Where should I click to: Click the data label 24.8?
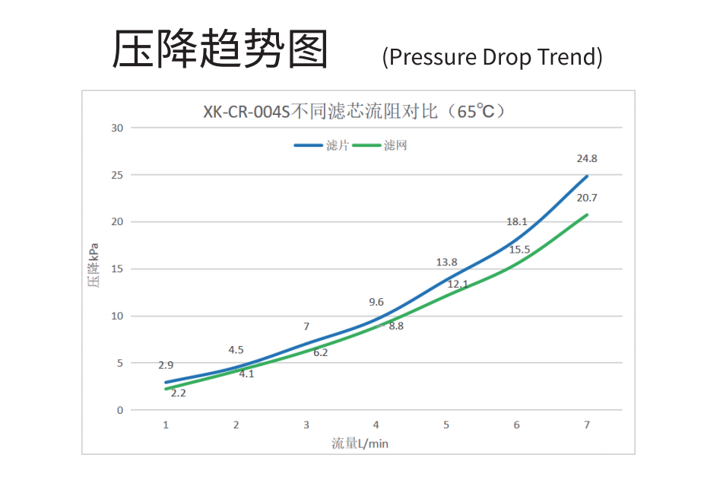coord(587,159)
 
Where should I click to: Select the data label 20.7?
coord(587,198)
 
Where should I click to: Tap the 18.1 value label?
coord(517,222)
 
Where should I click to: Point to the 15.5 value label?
coord(520,250)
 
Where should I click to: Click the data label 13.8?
coord(446,262)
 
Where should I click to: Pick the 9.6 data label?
coord(376,302)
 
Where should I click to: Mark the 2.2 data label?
coord(179,393)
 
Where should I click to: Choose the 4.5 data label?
coord(236,350)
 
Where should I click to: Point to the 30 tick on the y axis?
coord(116,127)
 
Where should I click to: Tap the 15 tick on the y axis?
coord(116,269)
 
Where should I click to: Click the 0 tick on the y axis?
coord(119,410)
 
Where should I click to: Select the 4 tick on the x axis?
coord(376,424)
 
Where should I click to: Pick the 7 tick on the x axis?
coord(587,424)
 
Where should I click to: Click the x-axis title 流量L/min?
coord(360,444)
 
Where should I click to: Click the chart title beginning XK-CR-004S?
coord(354,111)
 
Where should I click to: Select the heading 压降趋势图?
coord(220,50)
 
